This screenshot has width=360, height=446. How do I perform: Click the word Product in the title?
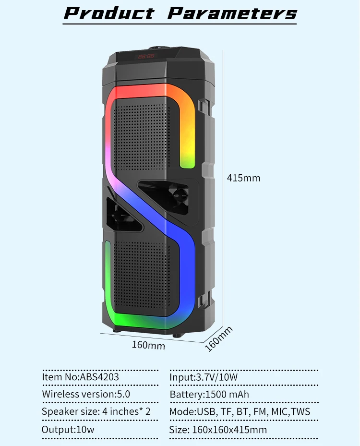point(109,13)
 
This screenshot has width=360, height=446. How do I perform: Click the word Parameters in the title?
point(232,13)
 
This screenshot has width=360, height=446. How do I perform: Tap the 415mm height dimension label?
point(243,178)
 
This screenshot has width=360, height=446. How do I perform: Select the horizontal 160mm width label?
point(148,345)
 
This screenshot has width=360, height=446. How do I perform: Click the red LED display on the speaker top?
point(146,56)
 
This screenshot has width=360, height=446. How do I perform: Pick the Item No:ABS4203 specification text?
point(80,377)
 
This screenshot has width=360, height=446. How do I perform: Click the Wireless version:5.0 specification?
point(86,394)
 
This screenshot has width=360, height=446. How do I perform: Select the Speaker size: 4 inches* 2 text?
point(96,411)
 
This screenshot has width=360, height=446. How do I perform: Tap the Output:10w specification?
point(68,429)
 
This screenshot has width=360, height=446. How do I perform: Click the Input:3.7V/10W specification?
point(204,377)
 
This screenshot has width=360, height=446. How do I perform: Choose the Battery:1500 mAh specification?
point(209,394)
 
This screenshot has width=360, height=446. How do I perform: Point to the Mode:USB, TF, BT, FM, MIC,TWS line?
point(240,411)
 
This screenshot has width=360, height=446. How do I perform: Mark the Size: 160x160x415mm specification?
point(218,429)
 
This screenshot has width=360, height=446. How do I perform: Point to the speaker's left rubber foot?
point(117,330)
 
